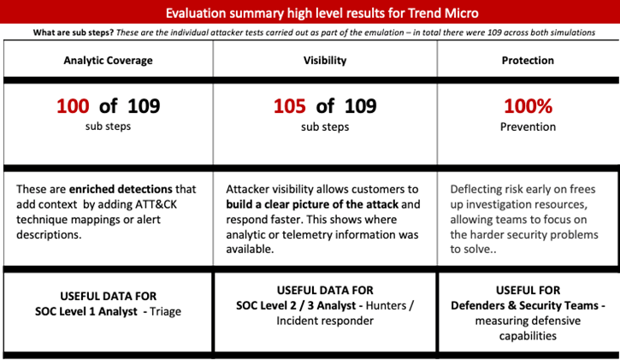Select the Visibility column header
coord(324,61)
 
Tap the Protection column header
coord(528,61)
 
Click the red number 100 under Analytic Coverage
coord(72,107)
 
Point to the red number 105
coord(289,107)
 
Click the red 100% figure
coord(528,107)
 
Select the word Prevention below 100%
coord(528,127)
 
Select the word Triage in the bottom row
coord(180,308)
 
